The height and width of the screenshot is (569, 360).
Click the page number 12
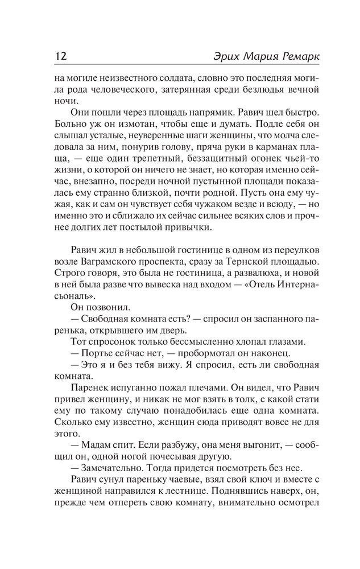[61, 57]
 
